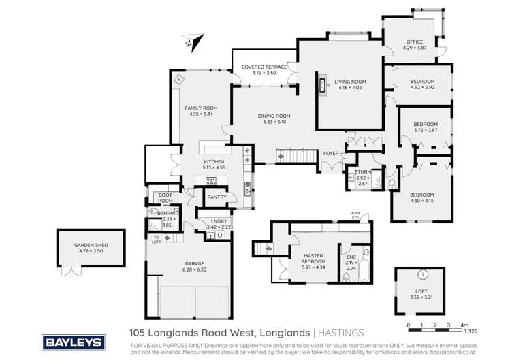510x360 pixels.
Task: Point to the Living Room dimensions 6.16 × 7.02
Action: [x=345, y=87]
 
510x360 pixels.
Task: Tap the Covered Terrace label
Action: [x=264, y=67]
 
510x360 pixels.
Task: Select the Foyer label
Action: [x=331, y=152]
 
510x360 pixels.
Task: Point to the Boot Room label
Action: [x=165, y=198]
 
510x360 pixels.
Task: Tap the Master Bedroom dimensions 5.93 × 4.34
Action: [x=314, y=266]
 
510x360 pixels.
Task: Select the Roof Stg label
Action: [x=355, y=216]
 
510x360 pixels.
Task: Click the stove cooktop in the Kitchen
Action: [x=210, y=181]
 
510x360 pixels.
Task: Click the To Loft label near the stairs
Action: [x=156, y=239]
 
